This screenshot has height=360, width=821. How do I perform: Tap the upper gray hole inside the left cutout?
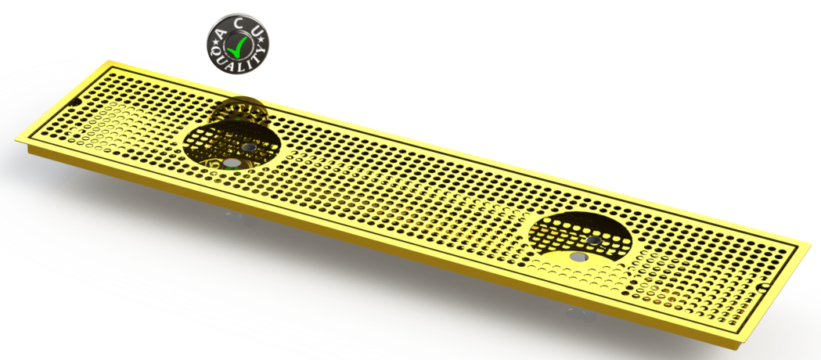tap(248, 147)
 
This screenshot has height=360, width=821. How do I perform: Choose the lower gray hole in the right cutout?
tap(578, 256)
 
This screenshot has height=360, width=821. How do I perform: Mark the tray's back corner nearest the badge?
tap(108, 60)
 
